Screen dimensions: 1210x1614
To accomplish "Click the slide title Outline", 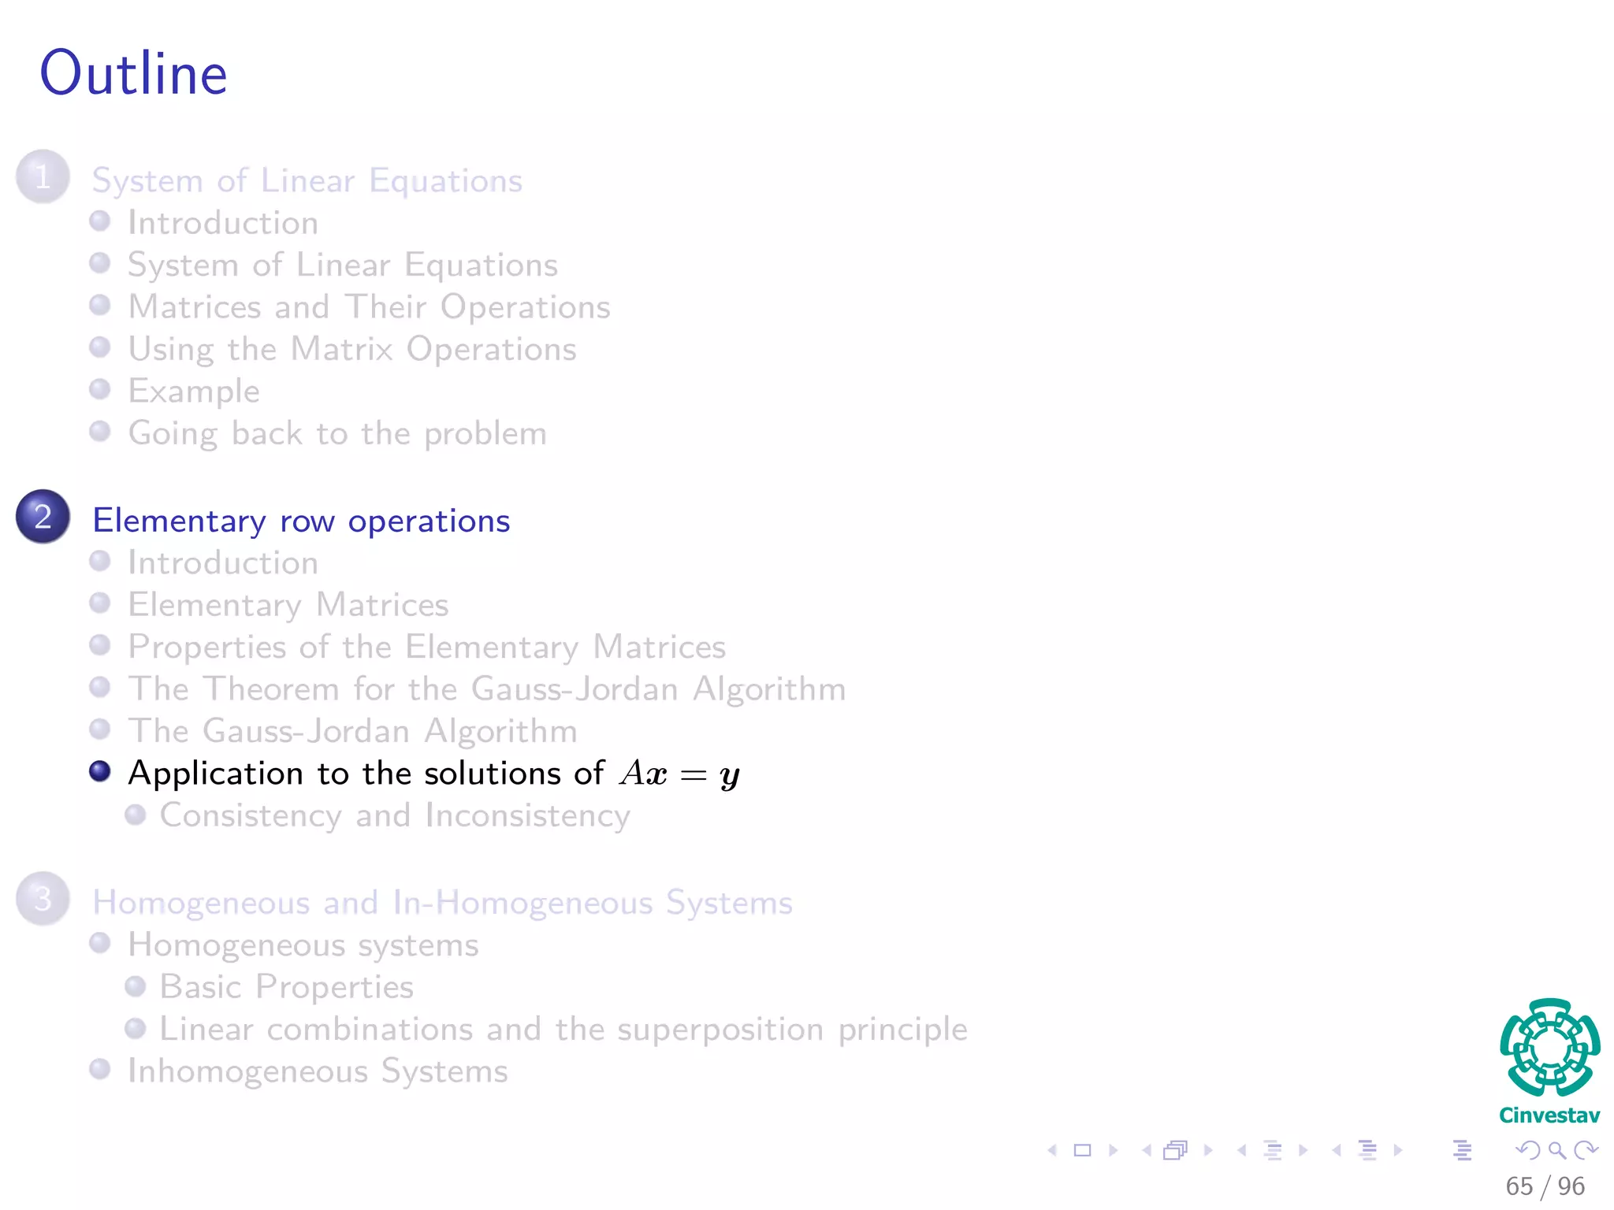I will [134, 73].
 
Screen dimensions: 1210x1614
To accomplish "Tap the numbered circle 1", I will [43, 177].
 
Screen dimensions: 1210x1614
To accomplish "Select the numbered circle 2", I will [43, 517].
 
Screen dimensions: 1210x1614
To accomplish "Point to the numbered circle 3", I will [43, 899].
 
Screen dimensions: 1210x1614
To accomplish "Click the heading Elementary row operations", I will [301, 521].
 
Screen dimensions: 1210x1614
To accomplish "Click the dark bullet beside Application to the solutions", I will [100, 771].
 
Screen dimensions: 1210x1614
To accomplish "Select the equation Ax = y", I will [679, 774].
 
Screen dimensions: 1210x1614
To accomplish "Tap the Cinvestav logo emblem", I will [1549, 1048].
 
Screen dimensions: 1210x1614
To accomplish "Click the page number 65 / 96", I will [1545, 1186].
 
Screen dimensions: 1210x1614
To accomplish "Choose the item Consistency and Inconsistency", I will [394, 816].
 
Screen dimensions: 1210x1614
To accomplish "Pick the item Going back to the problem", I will [337, 434].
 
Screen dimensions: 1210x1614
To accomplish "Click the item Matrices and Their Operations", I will [369, 307].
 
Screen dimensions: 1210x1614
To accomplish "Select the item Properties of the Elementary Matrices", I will [426, 648].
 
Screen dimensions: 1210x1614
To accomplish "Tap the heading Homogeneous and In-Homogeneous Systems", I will [442, 903].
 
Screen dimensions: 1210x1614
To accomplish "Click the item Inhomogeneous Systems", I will [318, 1071].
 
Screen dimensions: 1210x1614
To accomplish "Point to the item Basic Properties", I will [286, 987].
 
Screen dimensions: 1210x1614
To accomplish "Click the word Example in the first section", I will [194, 392].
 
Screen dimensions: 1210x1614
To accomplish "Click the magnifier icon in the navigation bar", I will [1556, 1150].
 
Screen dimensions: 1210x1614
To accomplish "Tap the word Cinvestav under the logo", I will [1549, 1115].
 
